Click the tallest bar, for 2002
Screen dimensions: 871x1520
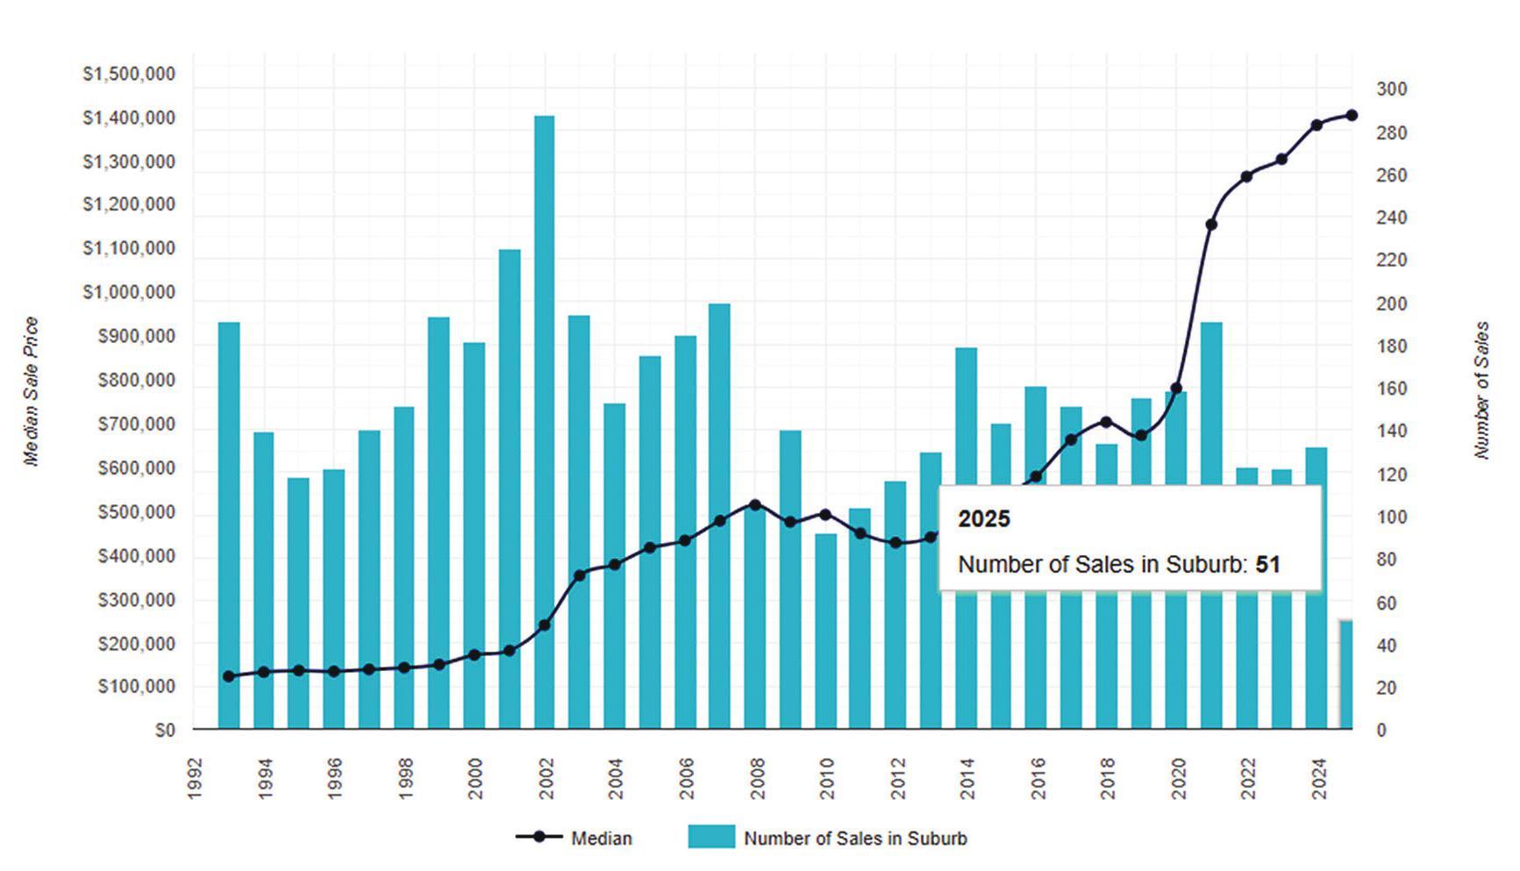tap(544, 421)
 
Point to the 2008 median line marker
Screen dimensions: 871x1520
tap(755, 504)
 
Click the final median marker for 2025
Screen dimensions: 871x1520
tap(1352, 115)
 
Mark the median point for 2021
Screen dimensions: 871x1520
tap(1211, 225)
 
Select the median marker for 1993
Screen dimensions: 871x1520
tap(229, 676)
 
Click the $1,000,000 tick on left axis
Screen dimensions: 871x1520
tap(129, 292)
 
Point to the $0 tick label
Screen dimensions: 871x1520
tap(165, 730)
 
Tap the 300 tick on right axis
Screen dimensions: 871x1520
tap(1391, 89)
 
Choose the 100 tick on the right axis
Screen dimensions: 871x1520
tap(1391, 517)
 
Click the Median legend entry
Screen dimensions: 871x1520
tap(601, 838)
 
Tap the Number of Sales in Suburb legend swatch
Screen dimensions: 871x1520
tap(710, 837)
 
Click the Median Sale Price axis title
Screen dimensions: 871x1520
tap(32, 391)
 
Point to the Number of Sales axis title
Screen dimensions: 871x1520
tap(1482, 390)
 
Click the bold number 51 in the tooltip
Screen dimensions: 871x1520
tap(1267, 564)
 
